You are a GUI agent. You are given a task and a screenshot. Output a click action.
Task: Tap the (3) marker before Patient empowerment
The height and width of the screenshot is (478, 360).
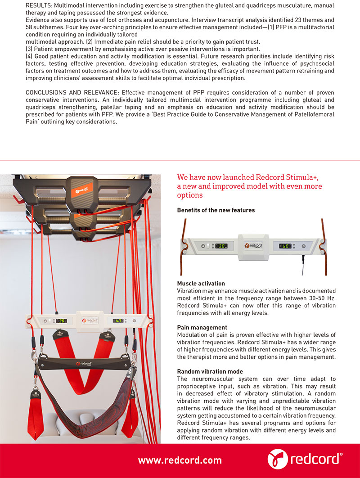tap(29, 49)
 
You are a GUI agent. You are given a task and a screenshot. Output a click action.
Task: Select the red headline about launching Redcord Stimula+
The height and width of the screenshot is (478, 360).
tap(250, 186)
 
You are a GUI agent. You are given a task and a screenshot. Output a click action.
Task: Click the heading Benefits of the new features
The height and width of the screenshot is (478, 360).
tap(216, 210)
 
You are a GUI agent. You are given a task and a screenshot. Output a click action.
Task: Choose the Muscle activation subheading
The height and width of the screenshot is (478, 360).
tap(201, 284)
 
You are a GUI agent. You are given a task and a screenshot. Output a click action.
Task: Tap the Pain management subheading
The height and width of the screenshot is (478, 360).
tap(202, 328)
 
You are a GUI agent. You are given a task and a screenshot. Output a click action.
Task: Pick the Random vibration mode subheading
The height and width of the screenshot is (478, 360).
tap(210, 371)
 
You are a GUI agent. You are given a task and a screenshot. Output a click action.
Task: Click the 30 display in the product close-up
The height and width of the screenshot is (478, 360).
tap(220, 246)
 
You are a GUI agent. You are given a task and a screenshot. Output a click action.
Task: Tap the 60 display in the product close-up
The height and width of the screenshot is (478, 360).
tap(285, 246)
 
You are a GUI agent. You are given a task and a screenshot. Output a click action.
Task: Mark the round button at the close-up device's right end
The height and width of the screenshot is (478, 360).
tap(303, 246)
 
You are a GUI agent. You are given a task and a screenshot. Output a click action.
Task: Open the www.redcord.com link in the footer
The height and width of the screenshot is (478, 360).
tap(180, 460)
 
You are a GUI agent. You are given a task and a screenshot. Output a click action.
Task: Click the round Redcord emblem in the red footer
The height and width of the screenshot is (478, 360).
tap(277, 459)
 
